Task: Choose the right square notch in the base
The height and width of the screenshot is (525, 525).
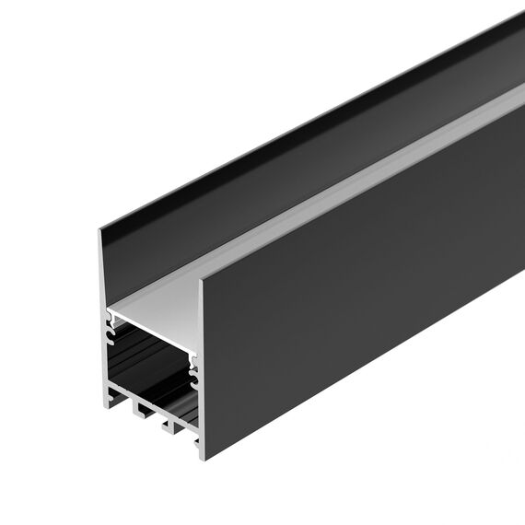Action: [x=169, y=426]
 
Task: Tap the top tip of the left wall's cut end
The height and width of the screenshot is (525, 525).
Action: [x=101, y=229]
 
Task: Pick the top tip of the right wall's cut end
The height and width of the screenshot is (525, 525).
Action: [x=200, y=280]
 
